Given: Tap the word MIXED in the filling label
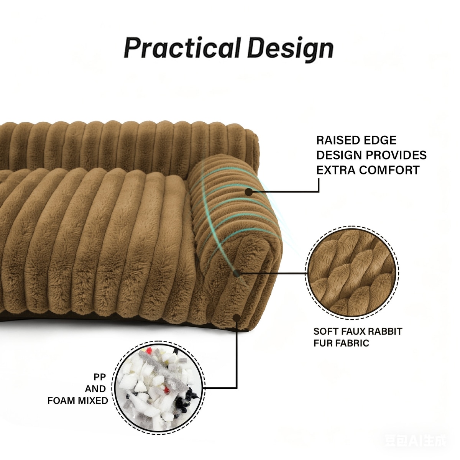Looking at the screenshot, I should (94, 401).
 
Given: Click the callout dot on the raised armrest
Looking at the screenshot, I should (250, 191).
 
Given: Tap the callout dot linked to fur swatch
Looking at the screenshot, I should (237, 273).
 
